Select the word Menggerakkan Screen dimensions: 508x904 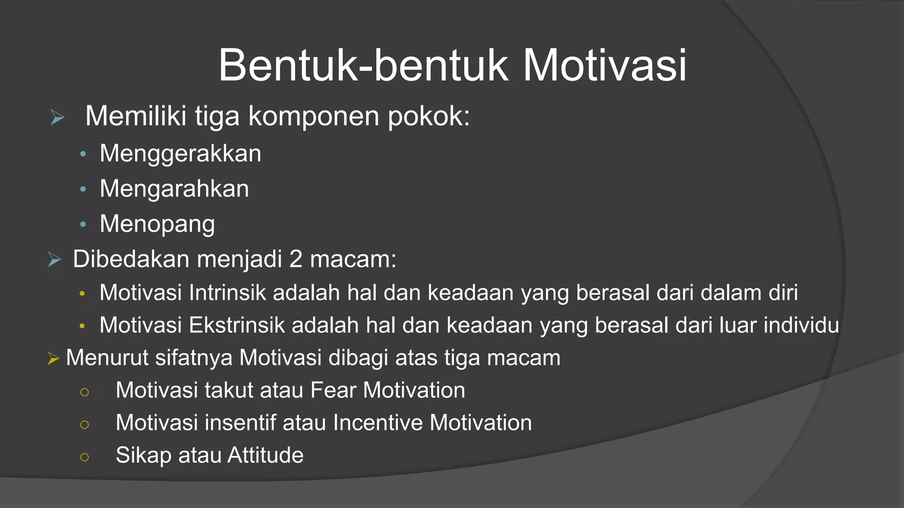(x=181, y=153)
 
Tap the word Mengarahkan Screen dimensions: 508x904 (x=174, y=189)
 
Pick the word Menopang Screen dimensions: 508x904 (x=157, y=224)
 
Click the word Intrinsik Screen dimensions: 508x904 (x=227, y=293)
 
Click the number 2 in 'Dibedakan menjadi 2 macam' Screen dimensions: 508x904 (x=296, y=259)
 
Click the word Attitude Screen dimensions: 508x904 (x=265, y=455)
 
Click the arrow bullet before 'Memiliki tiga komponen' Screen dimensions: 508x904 (x=57, y=117)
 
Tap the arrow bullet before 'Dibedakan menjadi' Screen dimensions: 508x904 (x=54, y=259)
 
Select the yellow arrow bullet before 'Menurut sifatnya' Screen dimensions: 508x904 (x=53, y=358)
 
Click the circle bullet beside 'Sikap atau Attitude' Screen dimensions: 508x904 (x=85, y=457)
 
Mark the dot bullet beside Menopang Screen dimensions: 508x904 (x=83, y=224)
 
